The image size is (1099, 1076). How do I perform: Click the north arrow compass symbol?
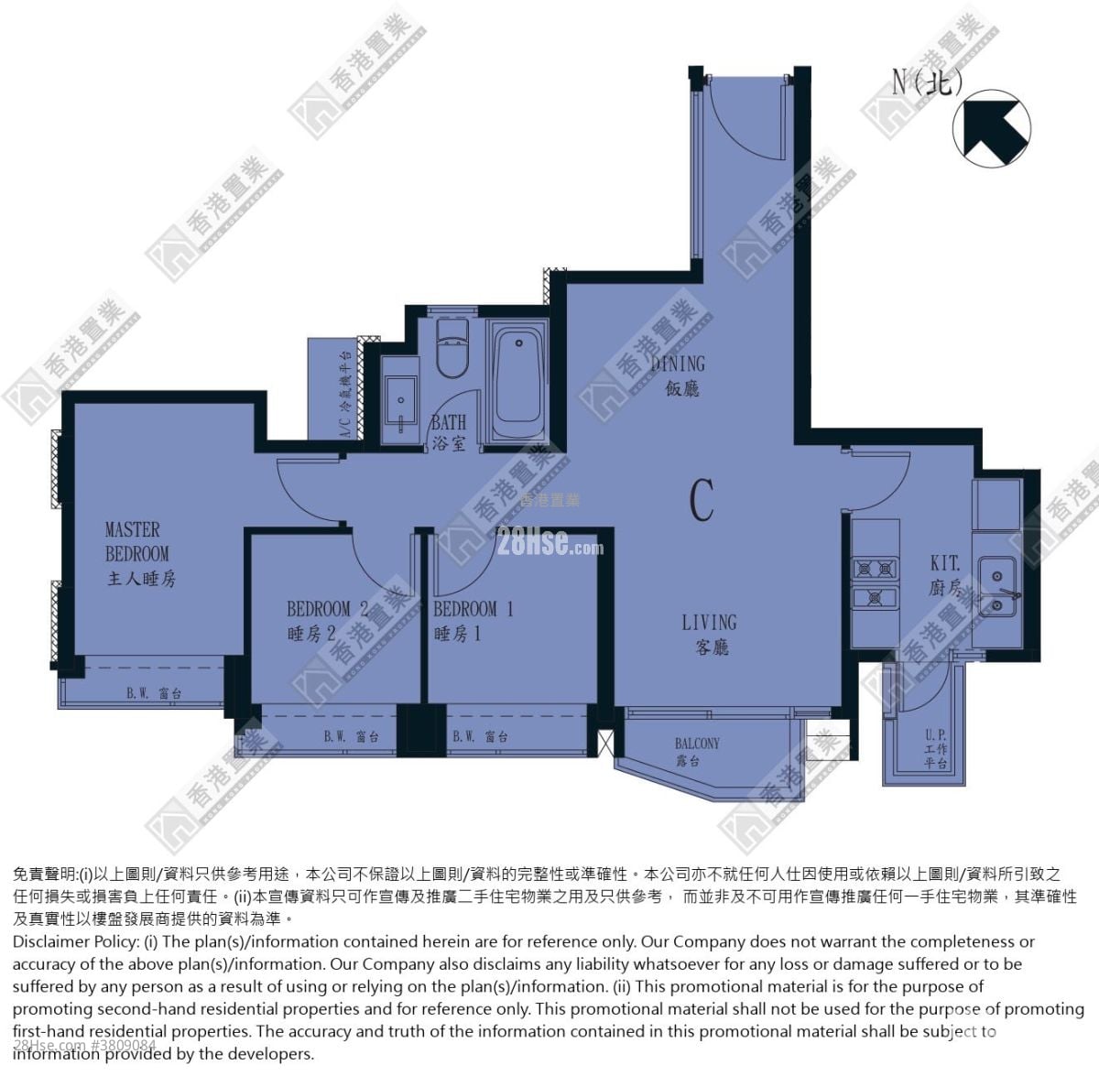click(992, 129)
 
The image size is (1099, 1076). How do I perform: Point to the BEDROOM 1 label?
click(472, 620)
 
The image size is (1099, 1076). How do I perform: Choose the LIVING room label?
click(709, 634)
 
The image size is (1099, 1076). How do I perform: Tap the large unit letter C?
click(702, 500)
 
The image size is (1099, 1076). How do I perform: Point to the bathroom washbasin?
click(400, 403)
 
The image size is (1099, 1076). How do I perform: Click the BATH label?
click(449, 431)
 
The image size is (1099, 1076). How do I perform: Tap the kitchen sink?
click(996, 585)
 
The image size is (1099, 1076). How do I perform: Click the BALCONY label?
click(697, 751)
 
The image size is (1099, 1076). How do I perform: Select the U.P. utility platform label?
click(935, 749)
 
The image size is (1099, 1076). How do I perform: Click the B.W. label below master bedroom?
click(153, 694)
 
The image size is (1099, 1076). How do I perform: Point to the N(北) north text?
click(928, 83)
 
